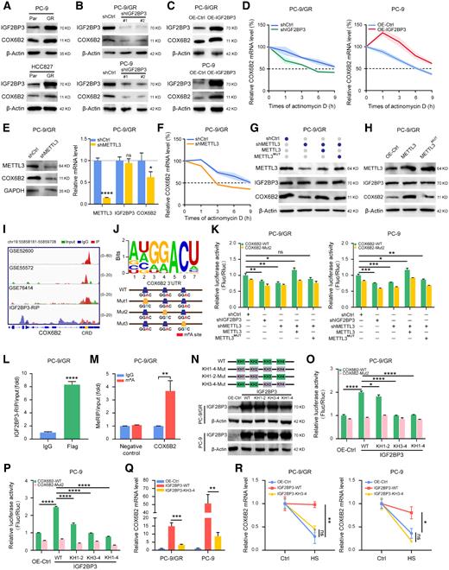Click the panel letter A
coord(7,7)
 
